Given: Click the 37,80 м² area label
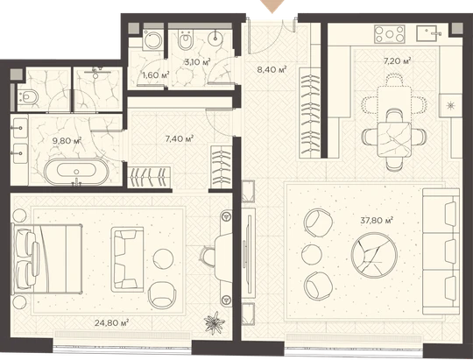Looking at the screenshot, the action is (x=377, y=220).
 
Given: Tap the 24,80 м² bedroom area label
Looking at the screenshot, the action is (x=111, y=323).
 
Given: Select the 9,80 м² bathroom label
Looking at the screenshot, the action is (x=67, y=141).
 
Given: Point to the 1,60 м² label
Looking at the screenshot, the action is (x=156, y=74).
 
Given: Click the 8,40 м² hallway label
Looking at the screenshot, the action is (x=272, y=70).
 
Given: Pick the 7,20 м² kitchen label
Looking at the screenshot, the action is (x=398, y=61).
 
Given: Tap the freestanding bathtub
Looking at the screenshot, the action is (x=76, y=172).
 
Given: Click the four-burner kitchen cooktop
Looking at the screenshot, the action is (x=390, y=33).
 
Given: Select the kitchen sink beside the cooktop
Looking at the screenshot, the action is (x=428, y=33).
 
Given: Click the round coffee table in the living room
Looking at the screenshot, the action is (x=373, y=255).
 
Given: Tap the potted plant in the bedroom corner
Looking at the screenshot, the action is (x=215, y=323).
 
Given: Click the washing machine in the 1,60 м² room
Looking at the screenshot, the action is (x=152, y=39).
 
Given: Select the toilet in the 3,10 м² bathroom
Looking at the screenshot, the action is (x=185, y=39).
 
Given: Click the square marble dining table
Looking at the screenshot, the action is (x=394, y=138).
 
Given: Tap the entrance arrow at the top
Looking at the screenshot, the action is (x=272, y=6).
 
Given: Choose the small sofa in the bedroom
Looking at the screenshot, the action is (x=127, y=259).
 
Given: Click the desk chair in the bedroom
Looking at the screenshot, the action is (x=208, y=257).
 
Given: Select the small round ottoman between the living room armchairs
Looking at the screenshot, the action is (x=311, y=254).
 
